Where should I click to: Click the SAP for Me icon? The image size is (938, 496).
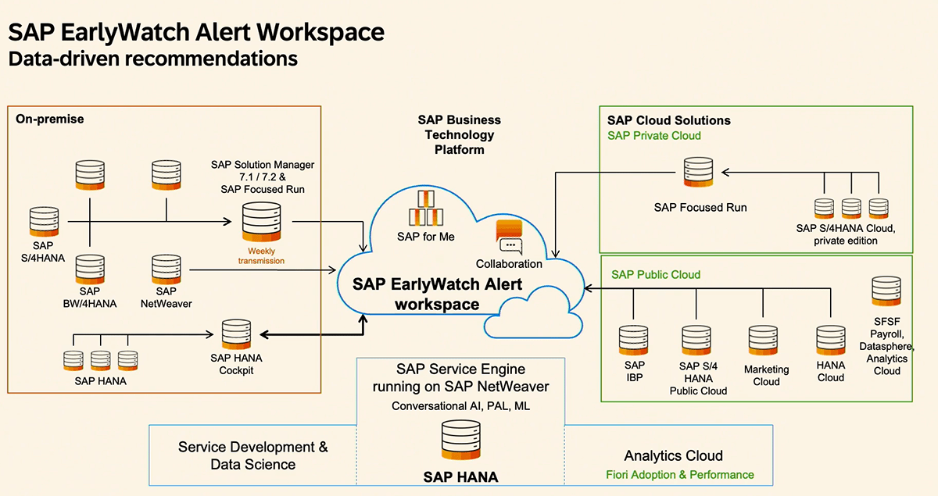(x=425, y=209)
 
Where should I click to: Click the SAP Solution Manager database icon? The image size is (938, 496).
(x=261, y=221)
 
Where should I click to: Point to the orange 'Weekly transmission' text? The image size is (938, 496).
(x=261, y=255)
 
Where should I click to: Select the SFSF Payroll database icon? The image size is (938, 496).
(x=886, y=291)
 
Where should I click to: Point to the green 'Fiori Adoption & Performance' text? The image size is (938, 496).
(x=679, y=475)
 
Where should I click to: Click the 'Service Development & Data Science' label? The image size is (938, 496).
(x=253, y=456)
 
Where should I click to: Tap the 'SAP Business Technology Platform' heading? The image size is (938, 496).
(x=459, y=134)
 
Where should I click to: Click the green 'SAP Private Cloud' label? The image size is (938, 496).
(x=653, y=136)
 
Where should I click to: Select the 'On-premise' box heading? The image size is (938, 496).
(x=50, y=120)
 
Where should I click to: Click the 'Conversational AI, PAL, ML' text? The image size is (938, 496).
(x=460, y=406)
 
